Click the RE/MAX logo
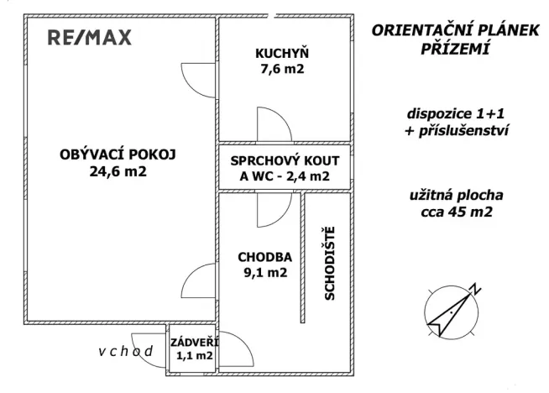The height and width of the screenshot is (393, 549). click(x=89, y=38)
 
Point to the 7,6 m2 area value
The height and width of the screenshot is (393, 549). click(x=280, y=70)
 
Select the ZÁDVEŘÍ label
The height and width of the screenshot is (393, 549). click(x=193, y=343)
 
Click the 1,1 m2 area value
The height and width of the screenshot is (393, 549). click(x=193, y=357)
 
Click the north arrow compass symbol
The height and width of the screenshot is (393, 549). click(x=454, y=310)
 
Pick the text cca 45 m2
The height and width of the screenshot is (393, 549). click(x=456, y=212)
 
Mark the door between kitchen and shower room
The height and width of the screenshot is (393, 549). click(x=274, y=126)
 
